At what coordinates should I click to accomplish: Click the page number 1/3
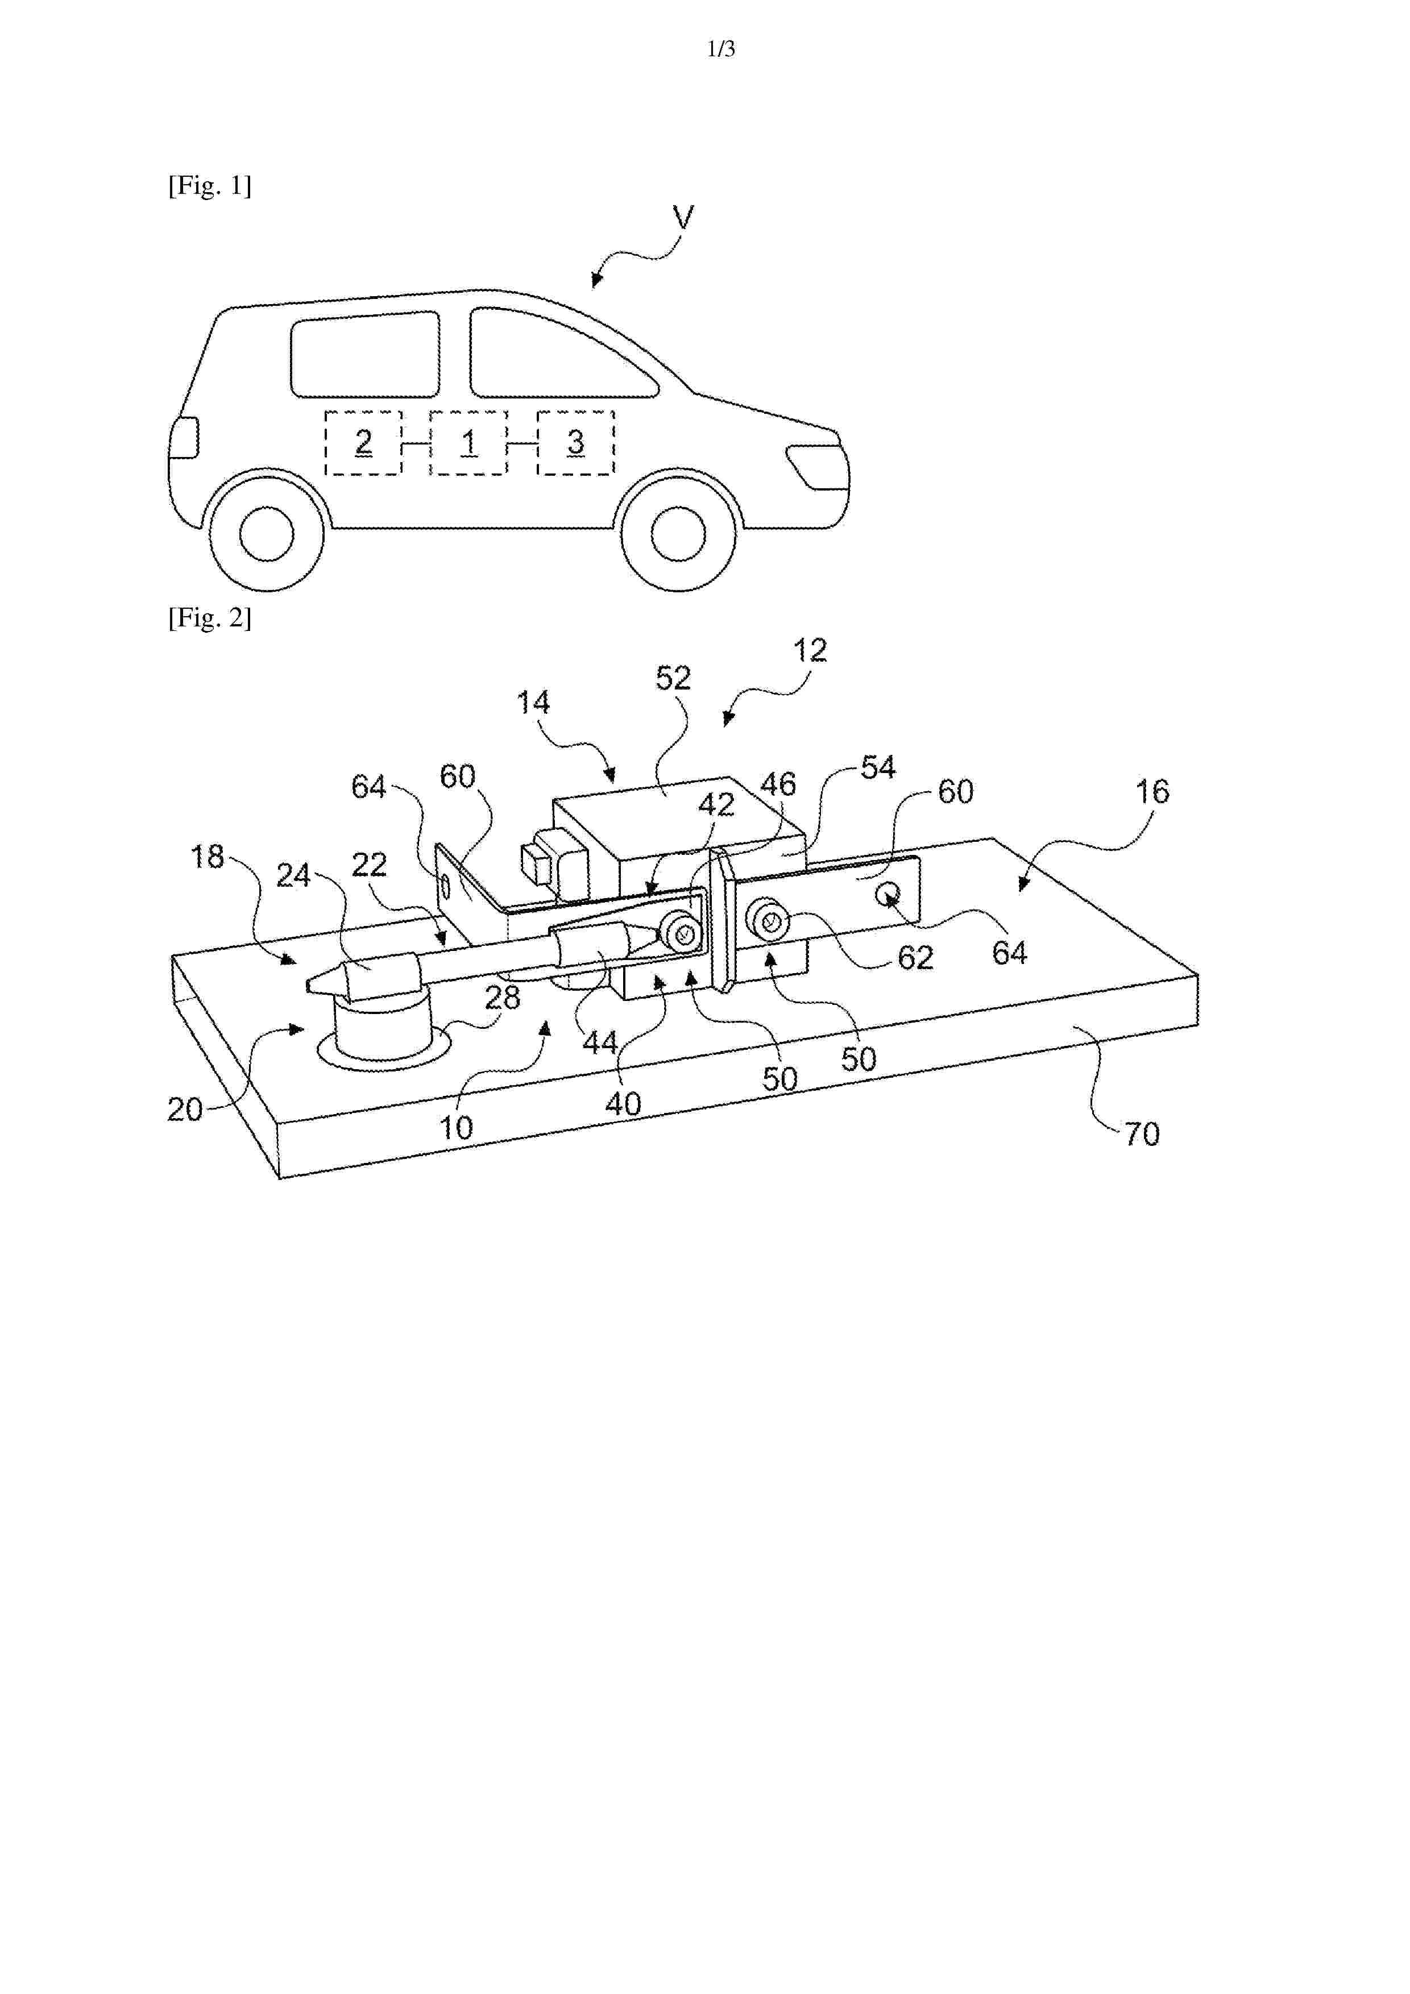click(x=721, y=49)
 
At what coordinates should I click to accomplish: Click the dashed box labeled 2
click(x=363, y=443)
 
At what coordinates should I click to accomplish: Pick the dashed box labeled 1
click(x=468, y=443)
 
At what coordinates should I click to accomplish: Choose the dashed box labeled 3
click(x=575, y=443)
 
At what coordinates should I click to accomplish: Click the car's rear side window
click(x=365, y=354)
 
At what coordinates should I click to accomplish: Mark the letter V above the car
click(x=684, y=216)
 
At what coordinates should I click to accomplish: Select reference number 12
click(x=810, y=650)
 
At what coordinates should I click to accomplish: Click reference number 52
click(x=673, y=678)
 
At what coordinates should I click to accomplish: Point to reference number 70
click(x=1142, y=1134)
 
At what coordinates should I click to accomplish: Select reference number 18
click(x=207, y=857)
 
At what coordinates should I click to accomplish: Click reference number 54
click(x=877, y=768)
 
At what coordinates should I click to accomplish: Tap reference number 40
click(x=623, y=1104)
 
